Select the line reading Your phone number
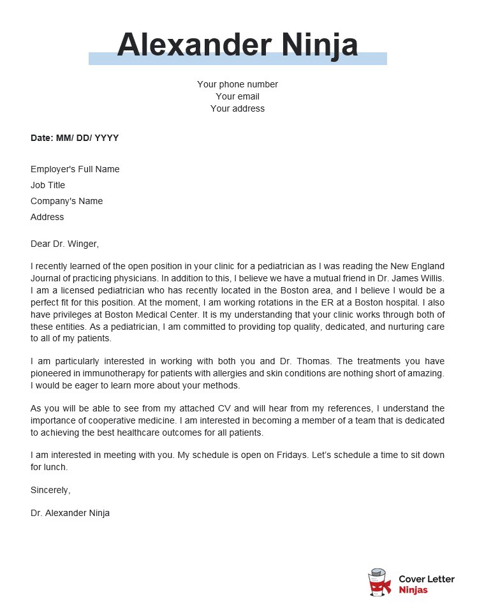point(237,84)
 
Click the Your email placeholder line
point(237,96)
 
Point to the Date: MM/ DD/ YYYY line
point(75,138)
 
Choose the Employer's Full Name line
point(75,169)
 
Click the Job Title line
point(48,185)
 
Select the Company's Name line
point(66,201)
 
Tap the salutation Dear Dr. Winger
point(64,244)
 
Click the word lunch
point(55,467)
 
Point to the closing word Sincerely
point(50,490)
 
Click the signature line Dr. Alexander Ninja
point(70,513)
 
